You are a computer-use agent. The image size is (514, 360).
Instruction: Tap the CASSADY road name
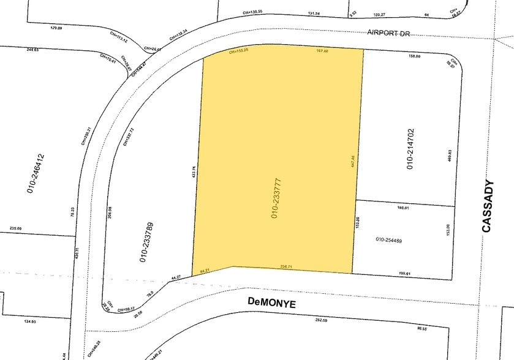[x=488, y=206]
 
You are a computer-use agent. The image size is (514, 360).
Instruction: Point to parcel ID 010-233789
[x=142, y=242]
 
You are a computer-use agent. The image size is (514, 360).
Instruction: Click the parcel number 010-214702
[x=410, y=149]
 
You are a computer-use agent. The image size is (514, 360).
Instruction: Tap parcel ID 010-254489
[x=388, y=239]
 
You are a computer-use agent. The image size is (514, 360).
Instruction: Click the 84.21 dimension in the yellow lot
[x=205, y=270]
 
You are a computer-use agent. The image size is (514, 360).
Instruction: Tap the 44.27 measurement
[x=176, y=277]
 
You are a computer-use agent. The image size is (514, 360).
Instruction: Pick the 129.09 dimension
[x=56, y=28]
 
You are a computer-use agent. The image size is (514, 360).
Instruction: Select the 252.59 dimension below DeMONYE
[x=322, y=320]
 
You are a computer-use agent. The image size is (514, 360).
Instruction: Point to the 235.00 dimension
[x=15, y=228]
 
